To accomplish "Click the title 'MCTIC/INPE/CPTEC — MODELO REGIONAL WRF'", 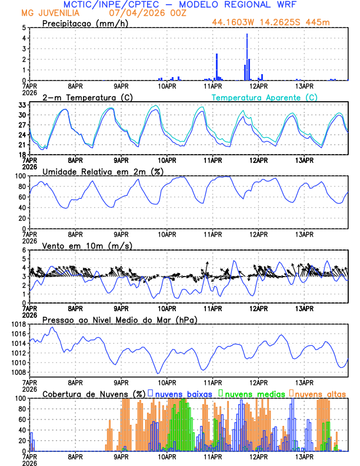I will point(180,5).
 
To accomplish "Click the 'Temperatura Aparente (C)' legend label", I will point(265,97).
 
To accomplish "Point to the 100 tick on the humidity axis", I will point(20,176).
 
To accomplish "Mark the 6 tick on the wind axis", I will point(24,250).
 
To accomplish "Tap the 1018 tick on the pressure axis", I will point(17,324).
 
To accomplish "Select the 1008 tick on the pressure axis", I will point(17,372).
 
